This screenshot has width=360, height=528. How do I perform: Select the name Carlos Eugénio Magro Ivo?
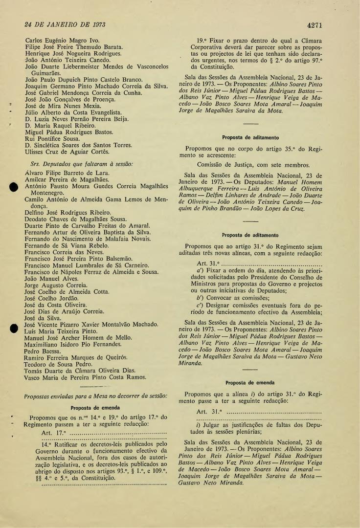pyautogui.click(x=62, y=40)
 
